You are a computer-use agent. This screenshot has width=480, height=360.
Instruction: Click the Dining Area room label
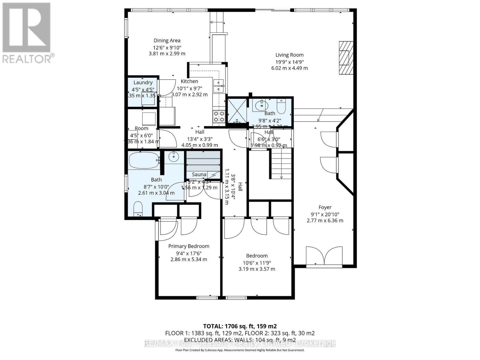pyautogui.click(x=167, y=40)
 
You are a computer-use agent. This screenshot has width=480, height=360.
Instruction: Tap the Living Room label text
pyautogui.click(x=289, y=55)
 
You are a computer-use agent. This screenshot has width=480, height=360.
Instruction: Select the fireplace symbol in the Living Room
pyautogui.click(x=346, y=58)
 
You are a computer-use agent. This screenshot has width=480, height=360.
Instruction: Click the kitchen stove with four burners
pyautogui.click(x=219, y=116)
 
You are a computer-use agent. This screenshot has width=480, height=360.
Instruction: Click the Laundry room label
pyautogui.click(x=143, y=82)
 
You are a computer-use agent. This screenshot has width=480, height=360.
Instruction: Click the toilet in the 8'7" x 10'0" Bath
pyautogui.click(x=138, y=208)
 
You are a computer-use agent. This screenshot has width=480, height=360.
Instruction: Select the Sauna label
pyautogui.click(x=199, y=174)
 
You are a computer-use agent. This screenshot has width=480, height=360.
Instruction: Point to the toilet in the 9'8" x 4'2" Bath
pyautogui.click(x=281, y=106)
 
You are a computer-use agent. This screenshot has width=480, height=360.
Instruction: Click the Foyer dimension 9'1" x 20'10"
pyautogui.click(x=325, y=214)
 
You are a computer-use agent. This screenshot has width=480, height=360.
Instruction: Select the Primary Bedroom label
pyautogui.click(x=189, y=246)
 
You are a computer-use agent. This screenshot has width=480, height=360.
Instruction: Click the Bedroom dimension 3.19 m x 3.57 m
pyautogui.click(x=257, y=269)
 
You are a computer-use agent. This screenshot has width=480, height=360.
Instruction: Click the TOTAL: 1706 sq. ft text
pyautogui.click(x=240, y=326)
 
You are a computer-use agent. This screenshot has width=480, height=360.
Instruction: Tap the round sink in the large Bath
pyautogui.click(x=174, y=156)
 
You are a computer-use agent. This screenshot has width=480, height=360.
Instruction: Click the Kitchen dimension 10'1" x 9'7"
pyautogui.click(x=189, y=88)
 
